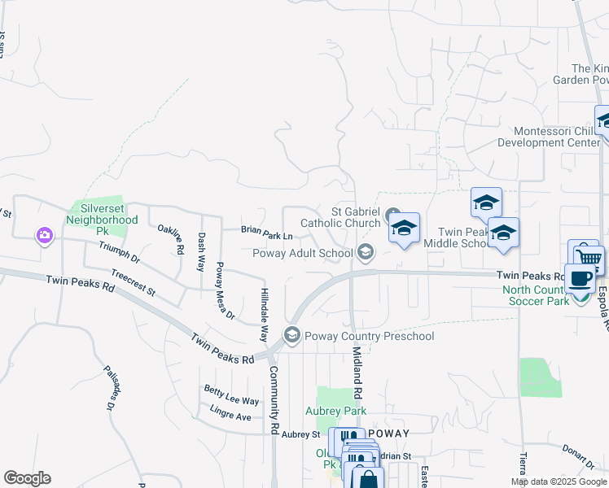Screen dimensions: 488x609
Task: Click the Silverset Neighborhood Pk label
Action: [103, 214]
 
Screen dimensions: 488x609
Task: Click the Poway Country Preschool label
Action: [368, 336]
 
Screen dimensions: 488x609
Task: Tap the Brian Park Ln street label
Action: [266, 230]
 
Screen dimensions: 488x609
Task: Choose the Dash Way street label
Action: [202, 251]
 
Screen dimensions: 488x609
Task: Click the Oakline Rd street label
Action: [170, 239]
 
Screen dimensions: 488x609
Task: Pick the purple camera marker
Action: [44, 236]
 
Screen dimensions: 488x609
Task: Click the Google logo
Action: [27, 478]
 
